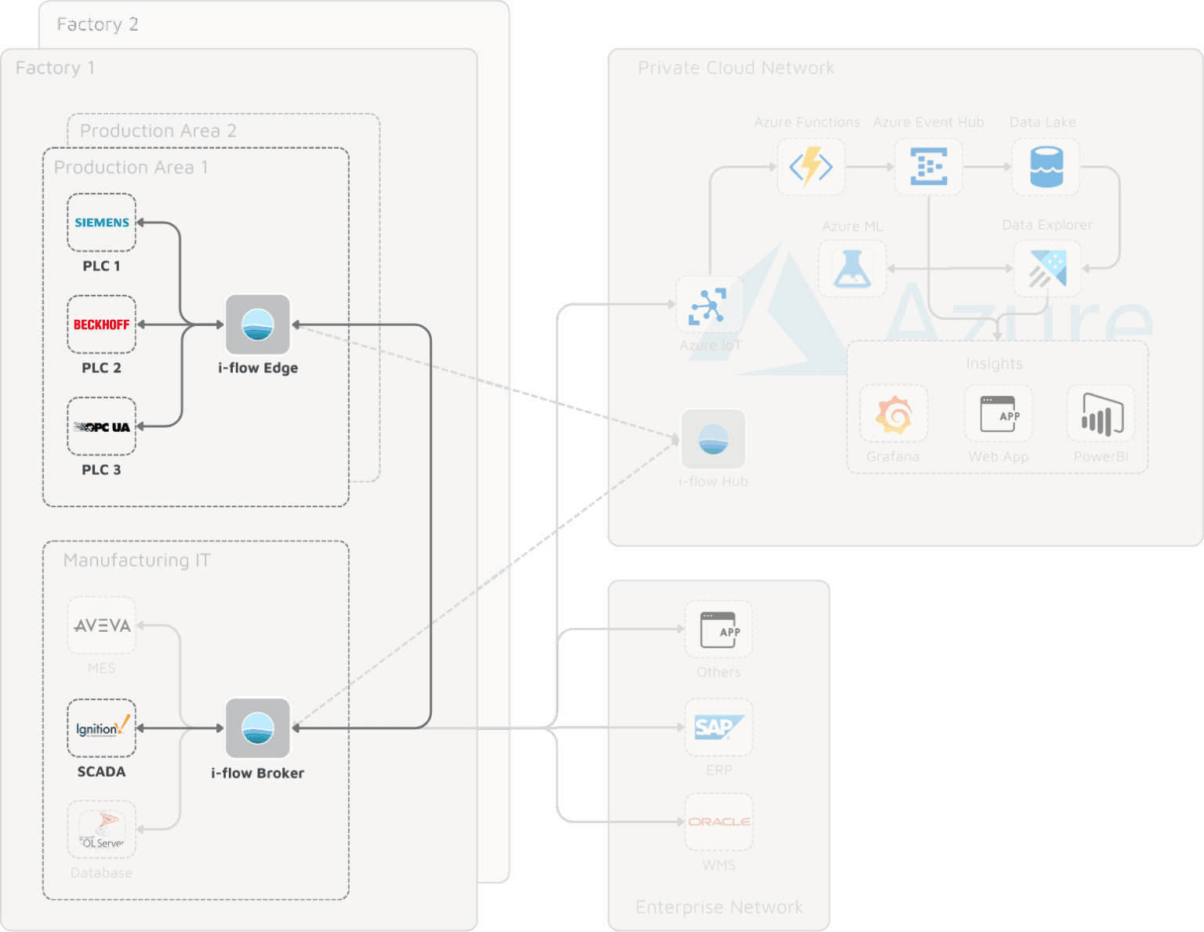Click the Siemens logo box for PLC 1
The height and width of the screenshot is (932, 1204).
coord(101,223)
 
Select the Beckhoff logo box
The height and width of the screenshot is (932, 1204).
coord(101,325)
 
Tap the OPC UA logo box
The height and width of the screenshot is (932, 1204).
coord(101,426)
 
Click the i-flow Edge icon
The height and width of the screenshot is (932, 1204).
coord(258,325)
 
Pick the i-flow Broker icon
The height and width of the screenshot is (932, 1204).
coord(258,728)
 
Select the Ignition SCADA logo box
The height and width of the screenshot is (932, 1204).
coord(101,728)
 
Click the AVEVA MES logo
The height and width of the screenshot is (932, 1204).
coord(101,626)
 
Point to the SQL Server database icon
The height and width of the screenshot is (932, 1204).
coord(101,829)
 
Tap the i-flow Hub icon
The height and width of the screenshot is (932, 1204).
coord(713,439)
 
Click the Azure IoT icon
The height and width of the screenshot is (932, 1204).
coord(709,305)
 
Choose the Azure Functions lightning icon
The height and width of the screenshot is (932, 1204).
coord(811,167)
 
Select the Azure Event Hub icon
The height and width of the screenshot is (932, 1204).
coord(929,167)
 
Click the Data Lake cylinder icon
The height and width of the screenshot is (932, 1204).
coord(1046,167)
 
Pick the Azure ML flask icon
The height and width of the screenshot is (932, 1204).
coord(852,269)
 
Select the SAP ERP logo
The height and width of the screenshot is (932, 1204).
coord(719,727)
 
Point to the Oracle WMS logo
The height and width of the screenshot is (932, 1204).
coord(719,821)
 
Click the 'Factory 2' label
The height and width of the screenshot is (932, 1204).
coord(97,24)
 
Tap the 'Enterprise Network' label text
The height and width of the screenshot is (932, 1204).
coord(719,907)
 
